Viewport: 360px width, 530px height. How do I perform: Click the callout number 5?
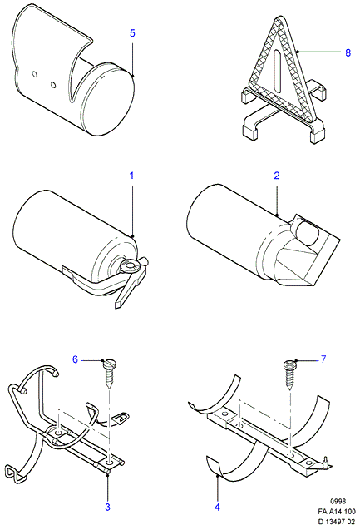pyautogui.click(x=132, y=33)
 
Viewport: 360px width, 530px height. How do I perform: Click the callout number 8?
pyautogui.click(x=348, y=52)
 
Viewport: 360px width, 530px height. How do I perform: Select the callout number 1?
pyautogui.click(x=131, y=176)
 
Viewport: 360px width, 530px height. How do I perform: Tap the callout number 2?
pyautogui.click(x=277, y=176)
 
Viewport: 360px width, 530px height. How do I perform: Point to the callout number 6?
pyautogui.click(x=76, y=359)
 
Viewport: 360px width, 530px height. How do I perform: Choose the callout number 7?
pyautogui.click(x=323, y=359)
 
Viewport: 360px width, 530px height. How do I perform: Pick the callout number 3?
pyautogui.click(x=107, y=507)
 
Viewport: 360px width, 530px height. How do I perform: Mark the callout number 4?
pyautogui.click(x=218, y=507)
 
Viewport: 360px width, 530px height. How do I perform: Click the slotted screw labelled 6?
pyautogui.click(x=109, y=374)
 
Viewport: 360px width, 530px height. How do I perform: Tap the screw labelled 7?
pyautogui.click(x=289, y=374)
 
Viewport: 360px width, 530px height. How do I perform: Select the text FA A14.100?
pyautogui.click(x=337, y=512)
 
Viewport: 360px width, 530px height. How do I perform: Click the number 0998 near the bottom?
pyautogui.click(x=338, y=501)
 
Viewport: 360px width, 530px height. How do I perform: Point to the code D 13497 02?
pyautogui.click(x=337, y=523)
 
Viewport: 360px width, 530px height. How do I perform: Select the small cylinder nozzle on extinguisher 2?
pyautogui.click(x=307, y=232)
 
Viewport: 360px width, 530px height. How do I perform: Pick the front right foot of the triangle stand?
pyautogui.click(x=317, y=136)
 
